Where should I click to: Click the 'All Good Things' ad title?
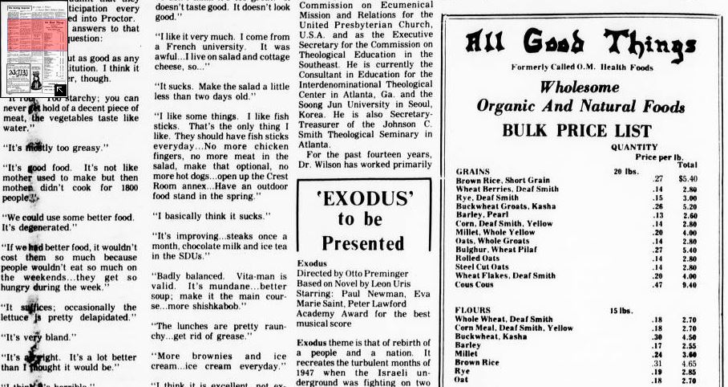click(578, 39)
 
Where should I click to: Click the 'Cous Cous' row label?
click(475, 285)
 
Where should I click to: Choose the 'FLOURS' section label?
click(473, 310)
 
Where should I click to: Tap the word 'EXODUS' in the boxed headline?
click(358, 198)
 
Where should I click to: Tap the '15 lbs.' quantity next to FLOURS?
click(627, 310)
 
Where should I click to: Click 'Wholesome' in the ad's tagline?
click(580, 87)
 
